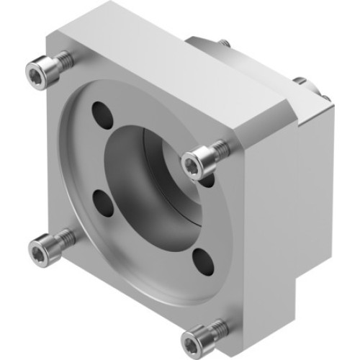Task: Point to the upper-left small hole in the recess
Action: pos(102,113)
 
